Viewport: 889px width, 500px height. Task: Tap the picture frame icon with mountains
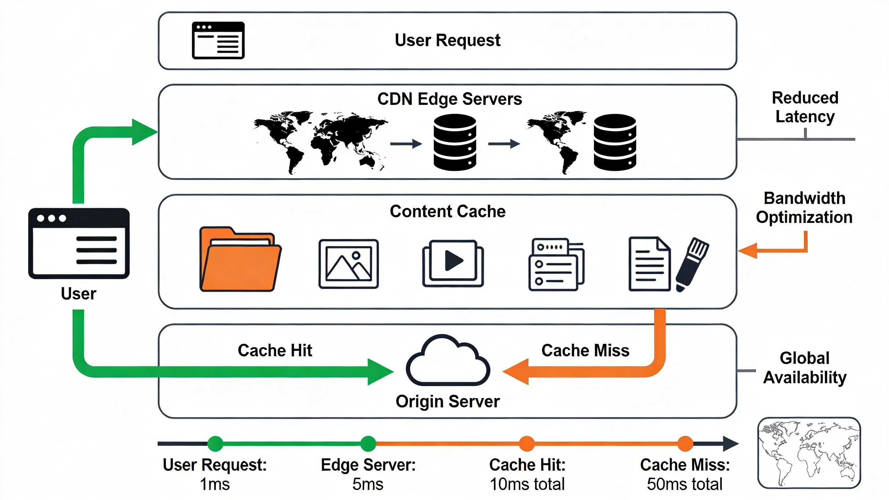point(348,264)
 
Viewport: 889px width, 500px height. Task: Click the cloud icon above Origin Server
point(448,361)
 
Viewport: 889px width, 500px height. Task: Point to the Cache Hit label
point(275,350)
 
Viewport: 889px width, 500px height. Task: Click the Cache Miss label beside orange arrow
point(585,350)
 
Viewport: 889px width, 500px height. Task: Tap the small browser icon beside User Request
point(218,40)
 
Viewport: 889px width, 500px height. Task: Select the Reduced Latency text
point(805,107)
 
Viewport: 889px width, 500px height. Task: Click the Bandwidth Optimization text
point(804,208)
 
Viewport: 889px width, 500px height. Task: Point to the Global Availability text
point(804,368)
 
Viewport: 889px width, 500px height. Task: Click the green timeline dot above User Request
point(215,443)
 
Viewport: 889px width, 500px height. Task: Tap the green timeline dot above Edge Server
point(368,443)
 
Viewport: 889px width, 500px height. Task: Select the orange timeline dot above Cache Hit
point(527,443)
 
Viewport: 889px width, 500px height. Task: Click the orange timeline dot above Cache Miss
point(685,443)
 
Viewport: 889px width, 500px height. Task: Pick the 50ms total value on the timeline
point(684,484)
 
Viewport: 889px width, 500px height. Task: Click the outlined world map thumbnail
point(809,453)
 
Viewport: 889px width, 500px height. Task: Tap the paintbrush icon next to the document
point(692,264)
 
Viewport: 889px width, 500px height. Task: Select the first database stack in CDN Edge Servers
point(455,142)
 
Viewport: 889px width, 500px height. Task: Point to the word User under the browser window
point(78,294)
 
